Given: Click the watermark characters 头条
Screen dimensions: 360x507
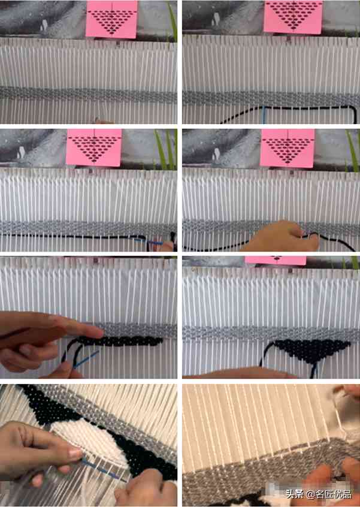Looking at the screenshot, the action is [294, 494].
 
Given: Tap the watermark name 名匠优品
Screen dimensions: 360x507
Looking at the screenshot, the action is [334, 494].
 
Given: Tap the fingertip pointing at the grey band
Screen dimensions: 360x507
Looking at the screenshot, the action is [99, 332].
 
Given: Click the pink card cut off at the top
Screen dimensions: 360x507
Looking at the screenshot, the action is [276, 260].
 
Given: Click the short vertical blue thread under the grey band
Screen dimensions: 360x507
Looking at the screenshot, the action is [264, 115].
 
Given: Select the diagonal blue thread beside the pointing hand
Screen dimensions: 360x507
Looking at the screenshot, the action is [86, 359].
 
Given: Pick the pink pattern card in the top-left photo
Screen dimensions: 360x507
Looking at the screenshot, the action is [112, 19].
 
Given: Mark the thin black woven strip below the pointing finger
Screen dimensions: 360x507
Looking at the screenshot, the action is [120, 342].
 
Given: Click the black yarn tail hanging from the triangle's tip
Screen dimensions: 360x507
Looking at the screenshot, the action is [313, 370].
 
